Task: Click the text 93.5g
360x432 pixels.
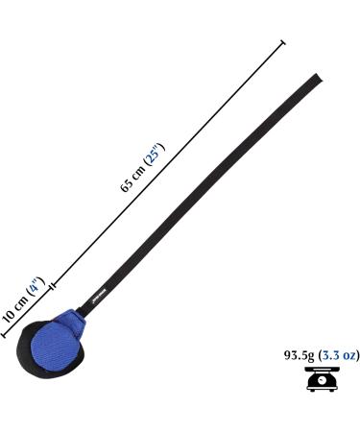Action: tap(297, 355)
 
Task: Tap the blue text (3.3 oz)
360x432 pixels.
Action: tap(338, 355)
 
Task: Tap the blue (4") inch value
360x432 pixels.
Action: tap(35, 286)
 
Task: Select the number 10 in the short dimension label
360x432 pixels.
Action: tap(9, 315)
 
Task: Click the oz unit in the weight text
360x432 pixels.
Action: tap(348, 355)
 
